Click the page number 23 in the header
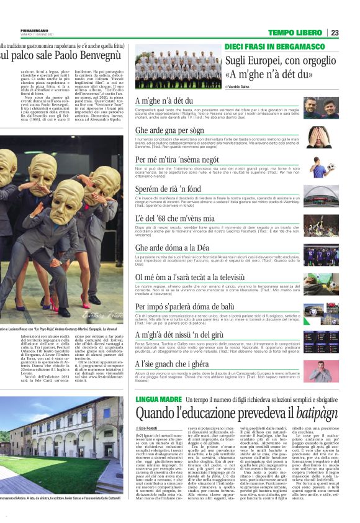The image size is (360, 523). [x=335, y=32]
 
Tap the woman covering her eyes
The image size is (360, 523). [x=318, y=137]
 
